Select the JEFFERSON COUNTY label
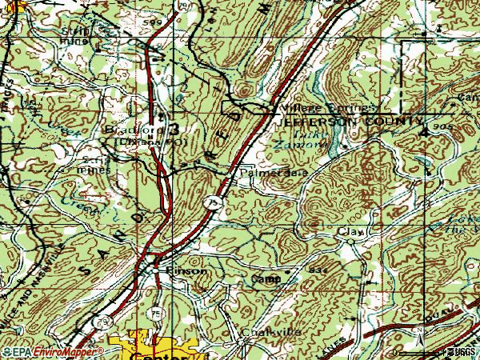350,121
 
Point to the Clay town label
351,232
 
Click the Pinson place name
186,271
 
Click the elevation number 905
441,127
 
